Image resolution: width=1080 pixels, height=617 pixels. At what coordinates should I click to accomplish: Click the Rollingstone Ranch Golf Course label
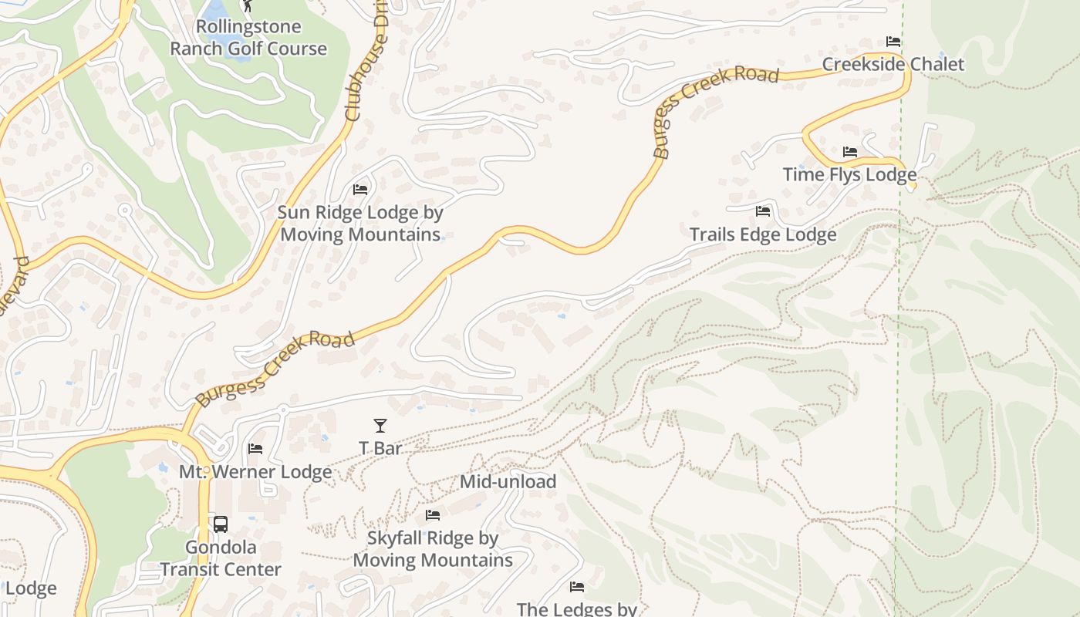248,38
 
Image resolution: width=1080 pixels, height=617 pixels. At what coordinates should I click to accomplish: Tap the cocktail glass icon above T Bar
380,425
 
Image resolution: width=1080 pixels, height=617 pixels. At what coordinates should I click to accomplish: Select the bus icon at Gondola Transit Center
221,524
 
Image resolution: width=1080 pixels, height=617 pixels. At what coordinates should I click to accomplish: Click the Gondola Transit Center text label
221,558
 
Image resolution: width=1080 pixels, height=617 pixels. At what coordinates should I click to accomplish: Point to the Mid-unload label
508,482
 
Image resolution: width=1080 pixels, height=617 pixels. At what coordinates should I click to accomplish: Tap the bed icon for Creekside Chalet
893,42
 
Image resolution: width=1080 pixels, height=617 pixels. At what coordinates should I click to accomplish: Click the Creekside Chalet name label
893,64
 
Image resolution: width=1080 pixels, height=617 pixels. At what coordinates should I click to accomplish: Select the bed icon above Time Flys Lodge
850,152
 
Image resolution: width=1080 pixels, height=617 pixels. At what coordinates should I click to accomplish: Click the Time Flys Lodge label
850,175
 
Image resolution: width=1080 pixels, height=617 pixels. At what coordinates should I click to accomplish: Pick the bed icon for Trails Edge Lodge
763,211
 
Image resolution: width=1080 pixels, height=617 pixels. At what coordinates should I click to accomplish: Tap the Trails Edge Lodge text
763,234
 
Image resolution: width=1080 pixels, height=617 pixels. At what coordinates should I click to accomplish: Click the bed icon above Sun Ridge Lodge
360,189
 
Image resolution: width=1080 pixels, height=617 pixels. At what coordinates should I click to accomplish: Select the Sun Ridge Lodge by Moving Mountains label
360,223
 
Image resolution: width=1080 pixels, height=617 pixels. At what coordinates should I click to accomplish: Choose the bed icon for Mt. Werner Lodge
255,449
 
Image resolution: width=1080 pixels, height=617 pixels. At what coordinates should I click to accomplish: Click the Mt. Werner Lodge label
255,471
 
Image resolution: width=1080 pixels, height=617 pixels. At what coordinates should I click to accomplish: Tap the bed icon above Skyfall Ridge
433,514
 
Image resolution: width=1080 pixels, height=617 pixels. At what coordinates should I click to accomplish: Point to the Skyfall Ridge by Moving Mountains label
433,549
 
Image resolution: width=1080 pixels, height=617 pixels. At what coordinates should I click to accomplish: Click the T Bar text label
380,448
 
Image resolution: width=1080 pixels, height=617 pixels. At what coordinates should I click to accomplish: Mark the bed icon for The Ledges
576,587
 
